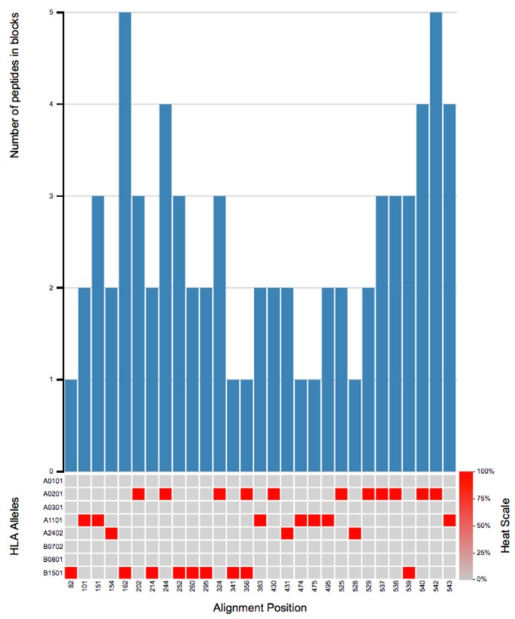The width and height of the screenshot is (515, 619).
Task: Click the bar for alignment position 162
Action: [126, 241]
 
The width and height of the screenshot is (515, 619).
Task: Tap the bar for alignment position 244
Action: [166, 287]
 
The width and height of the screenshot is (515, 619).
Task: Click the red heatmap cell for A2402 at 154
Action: [111, 533]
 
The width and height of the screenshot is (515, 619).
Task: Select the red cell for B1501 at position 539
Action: [408, 573]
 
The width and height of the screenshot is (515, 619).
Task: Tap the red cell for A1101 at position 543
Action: [450, 520]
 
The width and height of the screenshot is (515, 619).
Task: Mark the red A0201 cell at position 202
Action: [139, 493]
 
